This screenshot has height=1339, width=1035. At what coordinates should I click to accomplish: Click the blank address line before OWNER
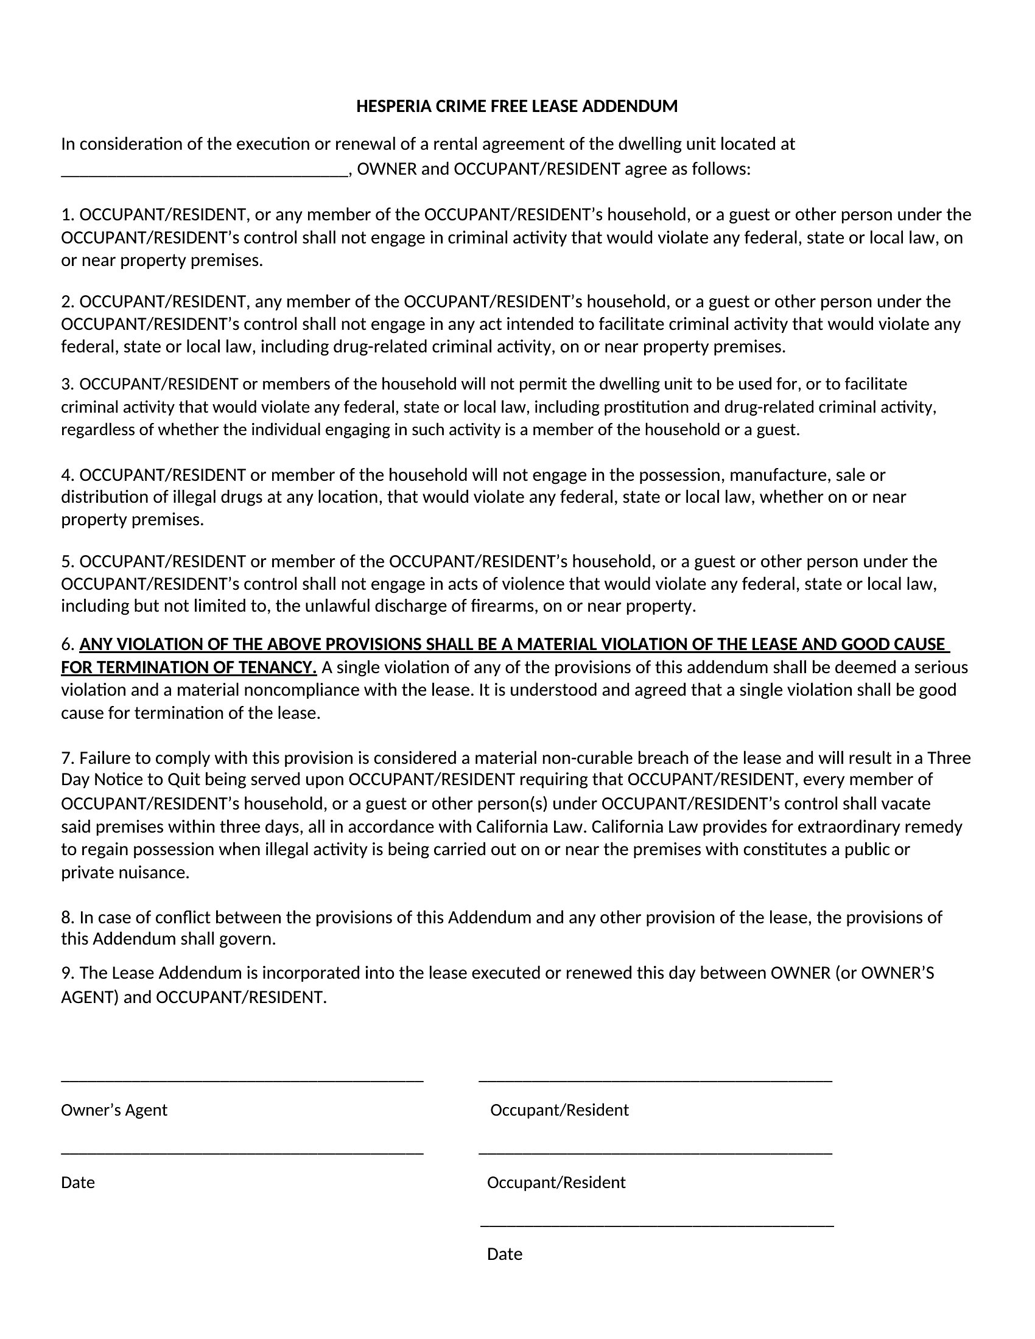(x=205, y=175)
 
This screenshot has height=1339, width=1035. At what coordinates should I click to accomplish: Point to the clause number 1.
(x=68, y=215)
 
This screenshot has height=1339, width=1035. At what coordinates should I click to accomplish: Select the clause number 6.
(x=68, y=645)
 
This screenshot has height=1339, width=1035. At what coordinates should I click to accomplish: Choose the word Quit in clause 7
(x=184, y=780)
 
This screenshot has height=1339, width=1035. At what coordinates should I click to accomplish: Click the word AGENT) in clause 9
(x=89, y=998)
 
